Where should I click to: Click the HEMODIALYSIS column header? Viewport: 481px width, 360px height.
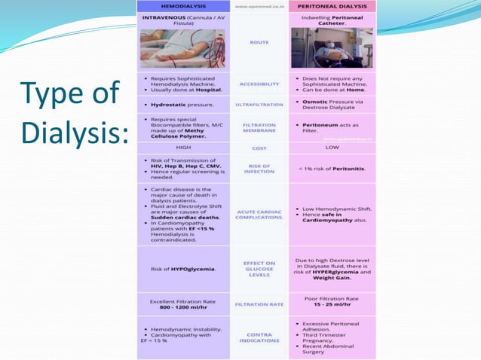point(183,6)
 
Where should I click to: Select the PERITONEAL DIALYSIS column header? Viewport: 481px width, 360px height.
point(332,6)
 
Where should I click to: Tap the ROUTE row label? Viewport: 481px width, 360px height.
point(259,42)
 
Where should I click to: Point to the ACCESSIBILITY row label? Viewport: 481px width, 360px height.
point(259,84)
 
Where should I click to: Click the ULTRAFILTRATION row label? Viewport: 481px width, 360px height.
point(259,104)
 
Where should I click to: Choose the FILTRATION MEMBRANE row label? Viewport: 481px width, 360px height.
point(259,128)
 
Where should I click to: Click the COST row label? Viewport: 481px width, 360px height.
point(259,148)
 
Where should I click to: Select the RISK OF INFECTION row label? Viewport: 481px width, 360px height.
point(259,168)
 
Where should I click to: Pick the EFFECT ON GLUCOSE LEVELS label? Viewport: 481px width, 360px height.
point(259,269)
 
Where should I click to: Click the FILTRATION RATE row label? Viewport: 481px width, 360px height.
point(259,305)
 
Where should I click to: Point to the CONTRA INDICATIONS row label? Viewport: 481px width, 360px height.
point(259,337)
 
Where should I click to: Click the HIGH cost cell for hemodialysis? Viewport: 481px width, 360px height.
point(183,148)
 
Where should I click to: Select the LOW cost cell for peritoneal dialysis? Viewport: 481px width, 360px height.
point(332,148)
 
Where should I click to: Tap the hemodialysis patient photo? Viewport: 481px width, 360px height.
point(183,49)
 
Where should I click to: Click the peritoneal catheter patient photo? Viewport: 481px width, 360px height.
point(332,49)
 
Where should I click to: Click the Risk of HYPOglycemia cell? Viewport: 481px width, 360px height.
point(183,269)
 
